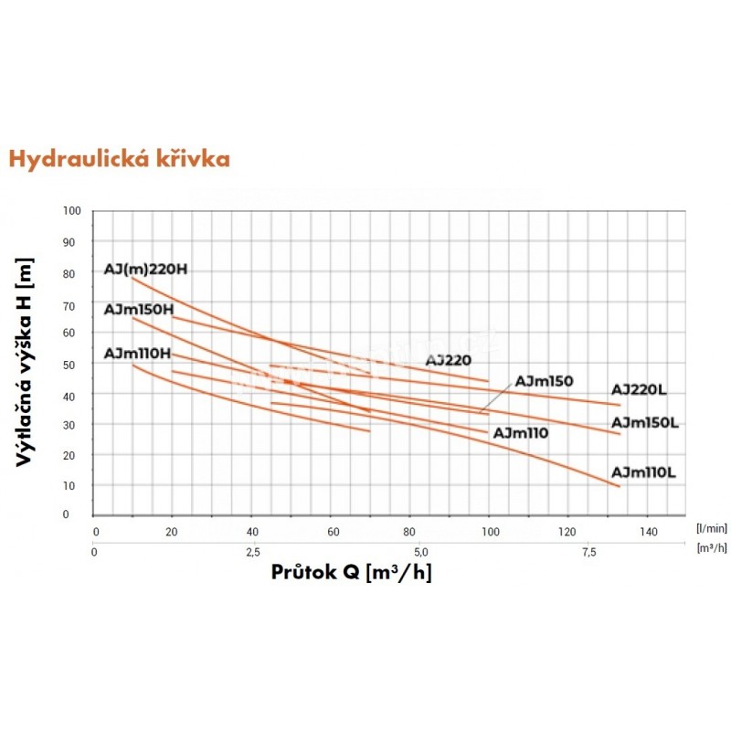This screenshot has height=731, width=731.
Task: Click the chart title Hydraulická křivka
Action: (119, 159)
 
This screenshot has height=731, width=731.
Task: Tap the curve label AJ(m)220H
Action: (147, 270)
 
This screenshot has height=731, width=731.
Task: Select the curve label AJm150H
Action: (139, 310)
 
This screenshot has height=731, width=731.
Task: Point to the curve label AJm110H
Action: (138, 354)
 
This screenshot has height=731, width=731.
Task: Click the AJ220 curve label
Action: (448, 360)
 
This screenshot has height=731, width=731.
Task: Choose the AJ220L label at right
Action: (640, 390)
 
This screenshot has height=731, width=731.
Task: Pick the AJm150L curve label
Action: (644, 423)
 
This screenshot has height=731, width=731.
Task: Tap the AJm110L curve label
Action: (643, 472)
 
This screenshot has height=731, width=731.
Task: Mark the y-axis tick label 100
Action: (73, 211)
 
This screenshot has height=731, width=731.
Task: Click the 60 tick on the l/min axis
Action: (333, 531)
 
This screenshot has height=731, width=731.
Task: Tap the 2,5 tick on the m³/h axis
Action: (253, 552)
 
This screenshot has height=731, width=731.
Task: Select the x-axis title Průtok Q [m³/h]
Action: (352, 573)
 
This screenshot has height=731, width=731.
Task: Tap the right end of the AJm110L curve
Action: (620, 486)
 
